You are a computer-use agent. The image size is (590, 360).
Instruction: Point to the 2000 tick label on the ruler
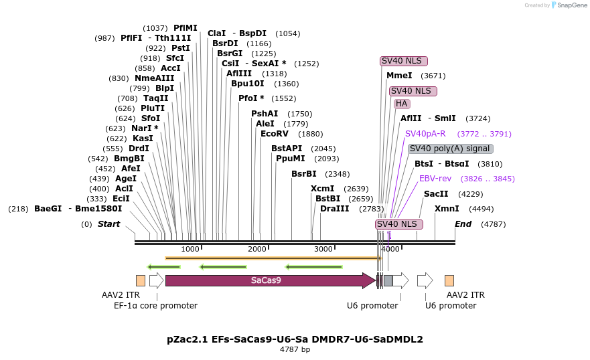click(257, 249)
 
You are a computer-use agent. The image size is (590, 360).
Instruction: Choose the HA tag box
click(402, 104)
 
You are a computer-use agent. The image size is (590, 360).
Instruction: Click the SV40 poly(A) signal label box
click(450, 149)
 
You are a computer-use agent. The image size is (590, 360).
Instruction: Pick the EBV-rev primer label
click(435, 179)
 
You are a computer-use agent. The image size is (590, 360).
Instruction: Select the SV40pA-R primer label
click(425, 134)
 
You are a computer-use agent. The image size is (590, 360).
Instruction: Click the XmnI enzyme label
click(447, 209)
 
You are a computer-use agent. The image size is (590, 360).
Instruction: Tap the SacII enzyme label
click(436, 194)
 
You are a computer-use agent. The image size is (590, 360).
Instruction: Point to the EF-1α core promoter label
click(155, 306)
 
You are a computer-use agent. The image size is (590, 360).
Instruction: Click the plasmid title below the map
click(295, 339)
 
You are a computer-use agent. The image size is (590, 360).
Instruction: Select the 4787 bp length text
click(295, 349)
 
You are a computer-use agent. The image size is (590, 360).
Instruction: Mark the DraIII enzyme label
click(334, 209)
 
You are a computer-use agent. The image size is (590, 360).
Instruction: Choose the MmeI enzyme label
click(399, 76)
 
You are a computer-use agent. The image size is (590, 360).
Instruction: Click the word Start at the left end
click(108, 224)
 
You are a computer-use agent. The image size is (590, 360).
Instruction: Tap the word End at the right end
click(463, 224)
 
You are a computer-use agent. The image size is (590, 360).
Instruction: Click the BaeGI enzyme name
click(48, 209)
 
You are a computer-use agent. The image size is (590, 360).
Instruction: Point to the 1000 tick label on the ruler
click(190, 249)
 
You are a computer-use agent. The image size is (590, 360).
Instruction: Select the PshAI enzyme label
click(265, 114)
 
